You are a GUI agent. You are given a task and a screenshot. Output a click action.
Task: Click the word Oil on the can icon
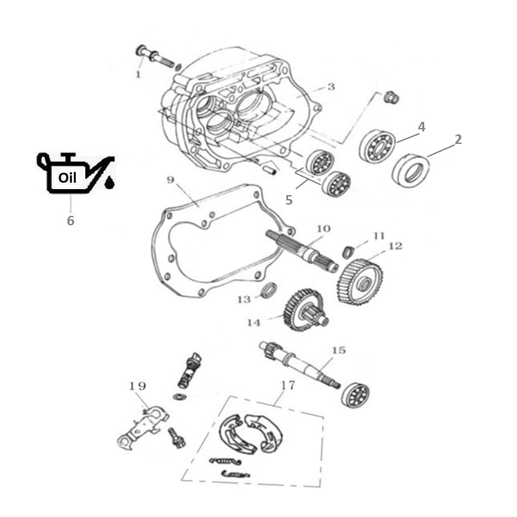tap(67, 178)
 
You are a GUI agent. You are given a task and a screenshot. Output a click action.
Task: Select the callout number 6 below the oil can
tap(71, 221)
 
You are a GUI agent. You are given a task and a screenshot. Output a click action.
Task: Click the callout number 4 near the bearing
tap(421, 127)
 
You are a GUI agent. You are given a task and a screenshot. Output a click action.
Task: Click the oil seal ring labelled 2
tap(411, 171)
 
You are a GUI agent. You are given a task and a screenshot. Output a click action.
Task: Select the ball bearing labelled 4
tap(377, 146)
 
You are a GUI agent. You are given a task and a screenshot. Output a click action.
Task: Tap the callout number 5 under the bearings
tap(289, 200)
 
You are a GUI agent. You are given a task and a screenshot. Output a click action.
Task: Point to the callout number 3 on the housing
tap(331, 87)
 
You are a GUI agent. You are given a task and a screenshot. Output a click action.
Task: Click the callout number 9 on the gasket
tap(170, 180)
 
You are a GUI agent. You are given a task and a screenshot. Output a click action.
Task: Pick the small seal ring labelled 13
tap(269, 290)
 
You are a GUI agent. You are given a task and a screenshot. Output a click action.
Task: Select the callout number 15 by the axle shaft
tap(339, 350)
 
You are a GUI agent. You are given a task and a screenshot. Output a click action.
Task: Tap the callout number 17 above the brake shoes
tap(288, 386)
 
